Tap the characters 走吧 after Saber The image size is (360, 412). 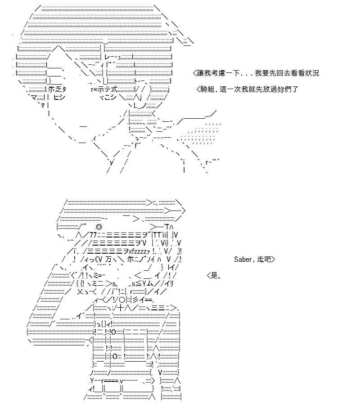click(264, 260)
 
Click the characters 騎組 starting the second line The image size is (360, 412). click(207, 90)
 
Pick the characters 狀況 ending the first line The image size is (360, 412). click(312, 73)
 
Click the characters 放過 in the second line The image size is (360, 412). click(270, 90)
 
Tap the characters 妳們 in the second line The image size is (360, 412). click(284, 90)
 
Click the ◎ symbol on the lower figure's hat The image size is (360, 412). click(99, 227)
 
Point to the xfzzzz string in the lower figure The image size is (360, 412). click(138, 251)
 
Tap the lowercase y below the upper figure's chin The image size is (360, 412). click(112, 162)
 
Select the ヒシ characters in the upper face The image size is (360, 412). click(59, 97)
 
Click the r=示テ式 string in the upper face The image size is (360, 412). click(104, 90)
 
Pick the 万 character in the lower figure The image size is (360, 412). click(108, 260)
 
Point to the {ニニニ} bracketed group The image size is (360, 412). click(135, 332)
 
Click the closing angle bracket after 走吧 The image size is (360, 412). click(273, 260)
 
